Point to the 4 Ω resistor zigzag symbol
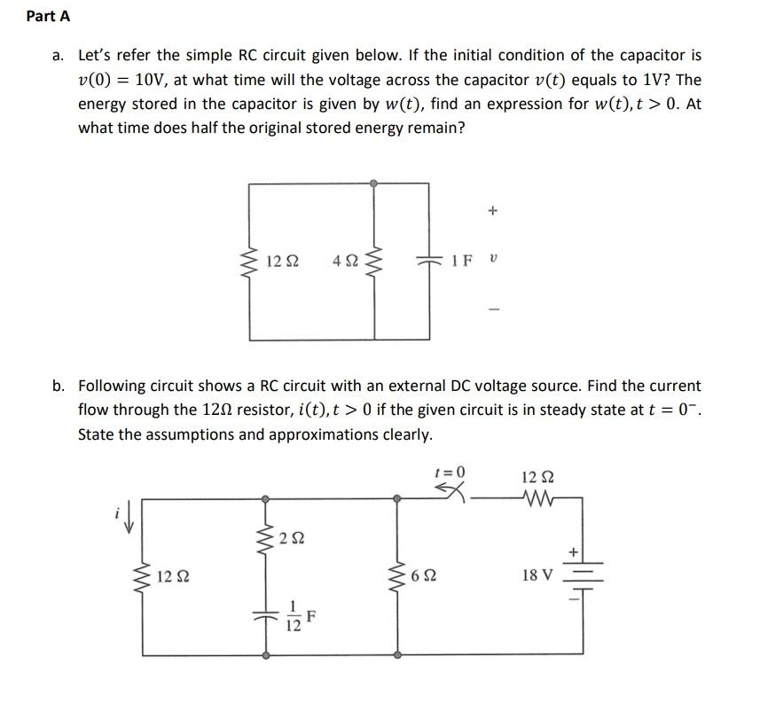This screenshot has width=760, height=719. coord(374,260)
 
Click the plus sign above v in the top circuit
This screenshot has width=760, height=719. coord(493,212)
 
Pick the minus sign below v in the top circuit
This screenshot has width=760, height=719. coord(493,309)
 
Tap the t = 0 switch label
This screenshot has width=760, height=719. coord(450,472)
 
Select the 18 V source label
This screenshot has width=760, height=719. coord(538,574)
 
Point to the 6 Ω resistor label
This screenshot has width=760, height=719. coord(425,576)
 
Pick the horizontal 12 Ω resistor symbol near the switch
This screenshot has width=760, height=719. coord(538,499)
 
